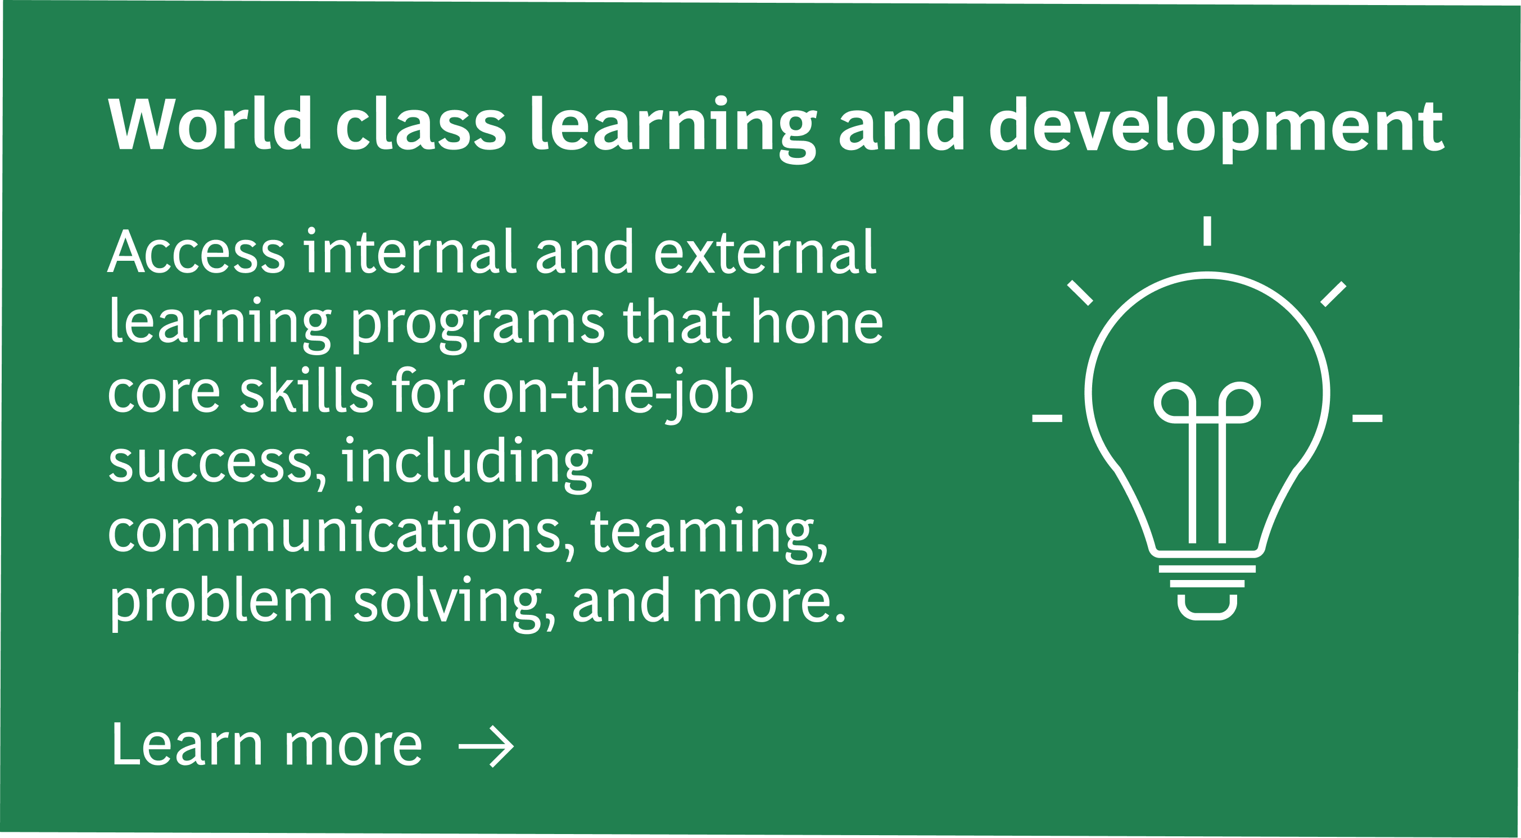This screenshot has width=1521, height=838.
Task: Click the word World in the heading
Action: click(210, 124)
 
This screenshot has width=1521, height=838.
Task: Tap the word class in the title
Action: click(421, 124)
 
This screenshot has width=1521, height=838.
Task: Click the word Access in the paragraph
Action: click(197, 252)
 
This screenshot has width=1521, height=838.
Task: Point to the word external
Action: click(765, 252)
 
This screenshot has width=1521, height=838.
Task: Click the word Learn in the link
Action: click(187, 745)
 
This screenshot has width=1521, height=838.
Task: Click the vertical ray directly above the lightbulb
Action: click(1207, 231)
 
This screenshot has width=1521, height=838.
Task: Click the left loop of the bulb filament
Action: click(1175, 404)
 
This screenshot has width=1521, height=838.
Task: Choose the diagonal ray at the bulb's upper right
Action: click(1333, 294)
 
